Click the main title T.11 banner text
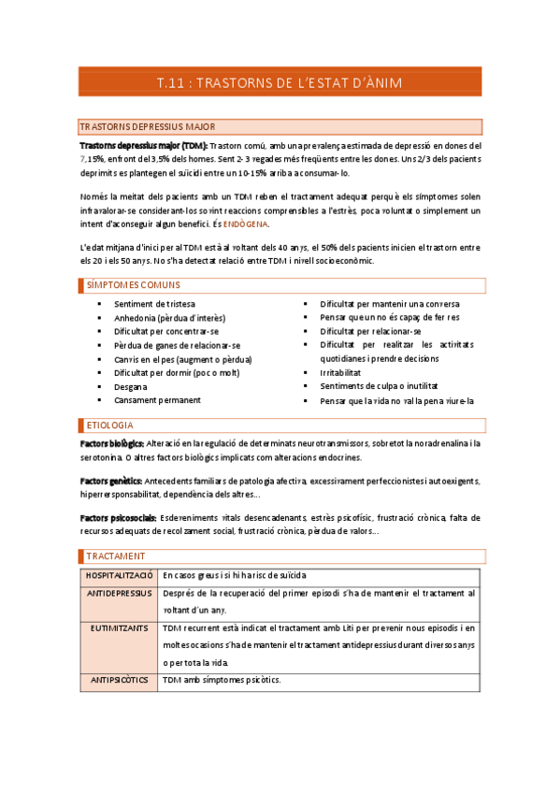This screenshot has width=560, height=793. (x=280, y=83)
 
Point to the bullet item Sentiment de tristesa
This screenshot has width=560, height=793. (x=154, y=304)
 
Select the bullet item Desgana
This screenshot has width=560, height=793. (x=130, y=386)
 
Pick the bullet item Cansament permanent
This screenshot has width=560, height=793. (x=156, y=400)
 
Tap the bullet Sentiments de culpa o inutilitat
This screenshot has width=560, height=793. (x=379, y=386)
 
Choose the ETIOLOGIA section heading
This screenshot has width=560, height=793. (x=108, y=425)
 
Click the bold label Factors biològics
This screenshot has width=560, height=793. (x=111, y=443)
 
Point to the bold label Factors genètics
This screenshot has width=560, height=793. (x=111, y=481)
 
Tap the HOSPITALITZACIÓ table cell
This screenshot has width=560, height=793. (x=119, y=575)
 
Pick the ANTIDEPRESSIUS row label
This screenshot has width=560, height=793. (x=119, y=594)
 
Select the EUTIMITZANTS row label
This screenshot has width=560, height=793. (x=119, y=629)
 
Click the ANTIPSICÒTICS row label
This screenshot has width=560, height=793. (x=119, y=681)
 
